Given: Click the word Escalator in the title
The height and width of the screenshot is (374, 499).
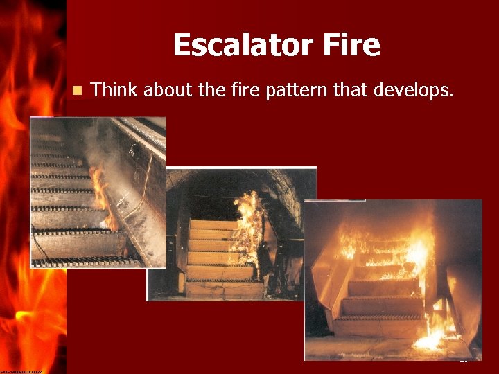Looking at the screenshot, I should pos(237,46).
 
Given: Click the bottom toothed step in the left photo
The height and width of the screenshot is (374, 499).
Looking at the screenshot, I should pos(87,261).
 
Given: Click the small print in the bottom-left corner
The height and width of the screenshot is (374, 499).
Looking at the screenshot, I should pos(21,371).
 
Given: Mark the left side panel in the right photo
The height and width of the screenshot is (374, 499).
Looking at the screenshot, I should pos(326,277).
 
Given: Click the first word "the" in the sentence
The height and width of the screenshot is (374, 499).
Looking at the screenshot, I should pos(204,89).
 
